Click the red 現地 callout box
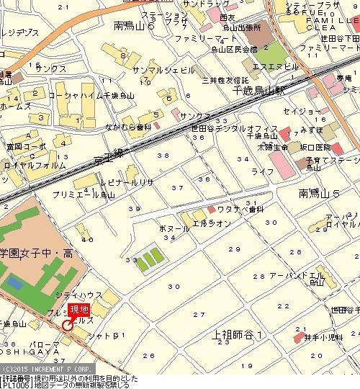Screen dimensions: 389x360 pyautogui.click(x=78, y=310)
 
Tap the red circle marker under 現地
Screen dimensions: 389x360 pyautogui.click(x=67, y=326)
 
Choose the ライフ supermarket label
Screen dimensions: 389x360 pyautogui.click(x=263, y=171)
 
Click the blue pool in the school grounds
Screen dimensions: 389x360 pyautogui.click(x=17, y=282)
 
